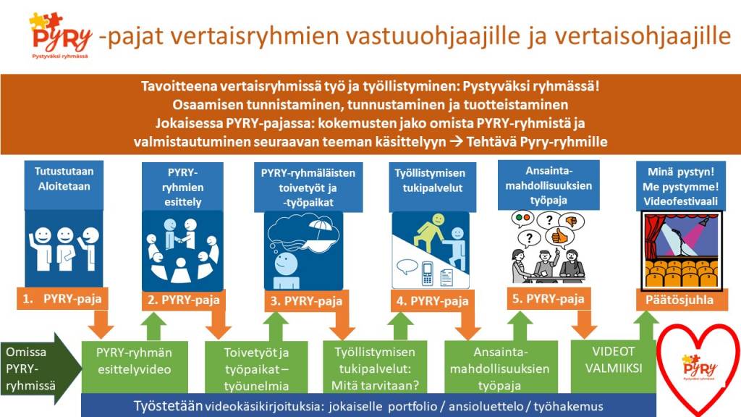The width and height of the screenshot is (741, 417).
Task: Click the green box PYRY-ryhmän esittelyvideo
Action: click(x=135, y=360)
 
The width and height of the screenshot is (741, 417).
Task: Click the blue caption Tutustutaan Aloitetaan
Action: click(x=64, y=178)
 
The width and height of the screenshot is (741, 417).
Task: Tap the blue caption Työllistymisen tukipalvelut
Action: click(x=429, y=180)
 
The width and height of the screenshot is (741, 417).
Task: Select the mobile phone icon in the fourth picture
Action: click(x=427, y=273)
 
